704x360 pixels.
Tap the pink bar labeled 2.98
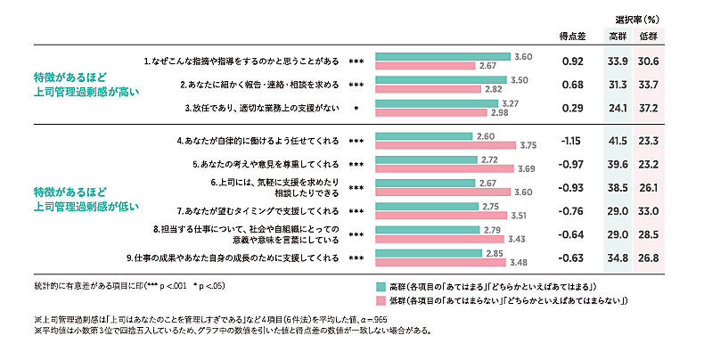[431, 113]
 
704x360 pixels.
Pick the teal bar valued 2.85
[427, 253]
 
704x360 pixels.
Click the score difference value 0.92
[573, 61]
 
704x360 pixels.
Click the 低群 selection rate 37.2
[648, 108]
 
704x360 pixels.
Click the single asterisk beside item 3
[356, 108]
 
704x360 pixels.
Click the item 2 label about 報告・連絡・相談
[259, 85]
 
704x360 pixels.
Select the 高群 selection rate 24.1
[617, 108]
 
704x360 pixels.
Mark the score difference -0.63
[571, 258]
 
